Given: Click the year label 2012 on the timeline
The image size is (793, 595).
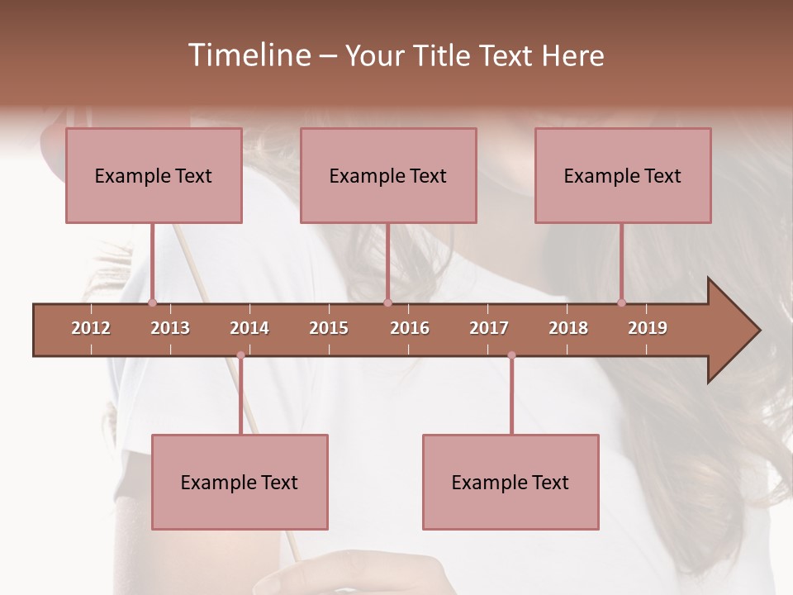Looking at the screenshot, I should [91, 328].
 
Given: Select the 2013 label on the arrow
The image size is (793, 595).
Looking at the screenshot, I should [170, 328].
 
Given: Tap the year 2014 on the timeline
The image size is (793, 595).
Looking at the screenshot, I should [249, 328].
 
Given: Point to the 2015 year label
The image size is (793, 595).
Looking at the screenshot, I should [329, 328].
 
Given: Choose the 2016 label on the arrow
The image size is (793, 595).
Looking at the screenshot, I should [410, 328].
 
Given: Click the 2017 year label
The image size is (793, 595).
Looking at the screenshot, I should [489, 328].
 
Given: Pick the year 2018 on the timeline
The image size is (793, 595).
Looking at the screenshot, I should [568, 328].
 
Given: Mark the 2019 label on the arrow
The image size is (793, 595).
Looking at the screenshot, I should [648, 328].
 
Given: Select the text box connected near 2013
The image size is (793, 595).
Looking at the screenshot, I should [154, 175].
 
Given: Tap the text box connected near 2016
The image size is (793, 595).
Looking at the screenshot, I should [388, 175].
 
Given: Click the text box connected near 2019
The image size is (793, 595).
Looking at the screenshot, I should [623, 175].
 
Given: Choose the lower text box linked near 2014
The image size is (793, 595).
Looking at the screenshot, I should [240, 482].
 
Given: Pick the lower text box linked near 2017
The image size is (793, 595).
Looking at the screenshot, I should [510, 482].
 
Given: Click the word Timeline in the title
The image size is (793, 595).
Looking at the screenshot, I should [248, 55].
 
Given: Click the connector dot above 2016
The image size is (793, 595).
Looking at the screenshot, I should [387, 302].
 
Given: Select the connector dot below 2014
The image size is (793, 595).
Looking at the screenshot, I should [240, 355].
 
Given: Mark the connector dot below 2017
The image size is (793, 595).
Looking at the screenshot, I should [511, 355].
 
